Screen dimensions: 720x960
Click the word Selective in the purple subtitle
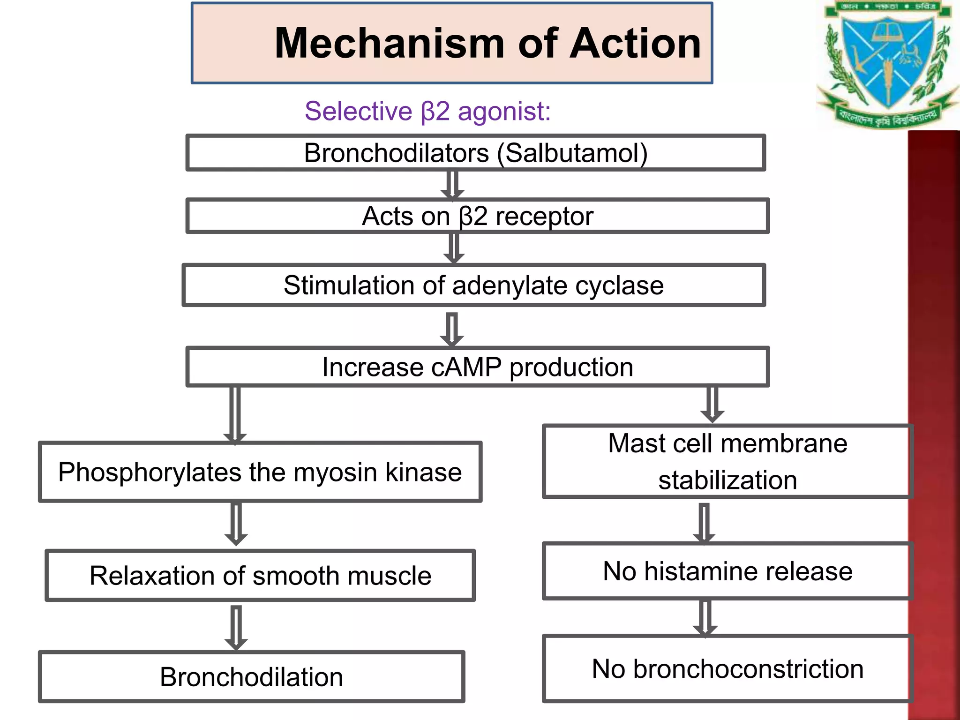358,112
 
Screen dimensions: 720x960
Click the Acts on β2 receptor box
477,216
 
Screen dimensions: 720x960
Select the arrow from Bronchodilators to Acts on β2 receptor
452,185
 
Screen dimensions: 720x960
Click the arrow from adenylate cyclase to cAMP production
452,329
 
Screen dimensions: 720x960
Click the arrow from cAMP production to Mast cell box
712,404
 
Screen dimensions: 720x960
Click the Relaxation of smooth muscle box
260,576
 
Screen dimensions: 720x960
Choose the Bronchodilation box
252,677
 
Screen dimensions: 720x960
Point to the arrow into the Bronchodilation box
236,627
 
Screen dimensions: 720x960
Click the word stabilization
727,480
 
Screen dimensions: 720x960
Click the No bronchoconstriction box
727,669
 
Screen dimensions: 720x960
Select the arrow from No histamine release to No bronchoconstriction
705,618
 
